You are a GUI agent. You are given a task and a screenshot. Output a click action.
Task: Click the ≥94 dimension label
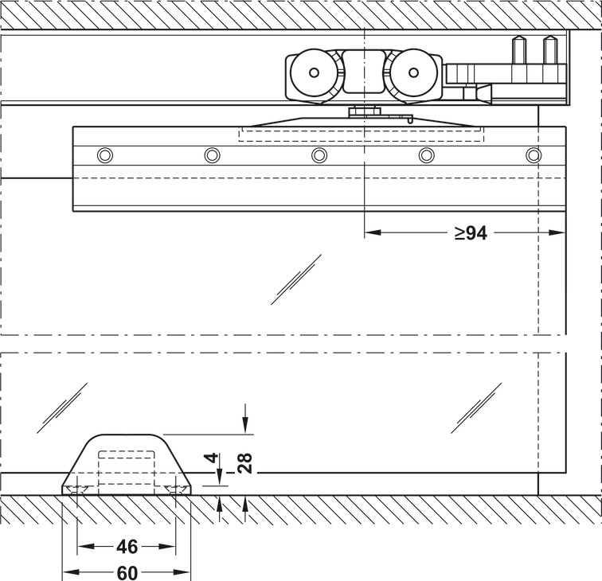pyautogui.click(x=471, y=233)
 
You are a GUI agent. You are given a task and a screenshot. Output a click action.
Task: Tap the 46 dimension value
pyautogui.click(x=127, y=547)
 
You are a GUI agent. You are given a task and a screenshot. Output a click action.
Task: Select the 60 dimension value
pyautogui.click(x=127, y=572)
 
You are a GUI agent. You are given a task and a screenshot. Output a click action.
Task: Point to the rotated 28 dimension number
pyautogui.click(x=245, y=462)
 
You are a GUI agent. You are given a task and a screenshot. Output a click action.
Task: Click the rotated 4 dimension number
pyautogui.click(x=210, y=458)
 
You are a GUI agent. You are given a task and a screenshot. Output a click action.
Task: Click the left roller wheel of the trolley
pyautogui.click(x=313, y=73)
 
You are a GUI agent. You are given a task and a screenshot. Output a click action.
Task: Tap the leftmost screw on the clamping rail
pyautogui.click(x=104, y=154)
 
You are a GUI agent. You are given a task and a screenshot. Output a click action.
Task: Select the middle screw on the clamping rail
pyautogui.click(x=319, y=154)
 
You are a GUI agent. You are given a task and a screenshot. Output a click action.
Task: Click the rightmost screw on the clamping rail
pyautogui.click(x=534, y=154)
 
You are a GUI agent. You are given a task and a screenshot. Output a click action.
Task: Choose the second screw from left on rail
pyautogui.click(x=212, y=154)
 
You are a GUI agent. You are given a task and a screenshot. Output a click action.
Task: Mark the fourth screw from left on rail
pyautogui.click(x=427, y=154)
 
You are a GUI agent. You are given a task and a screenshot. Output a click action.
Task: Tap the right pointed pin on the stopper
pyautogui.click(x=549, y=49)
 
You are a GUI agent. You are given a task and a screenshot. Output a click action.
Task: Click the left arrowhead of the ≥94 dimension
pyautogui.click(x=370, y=233)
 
